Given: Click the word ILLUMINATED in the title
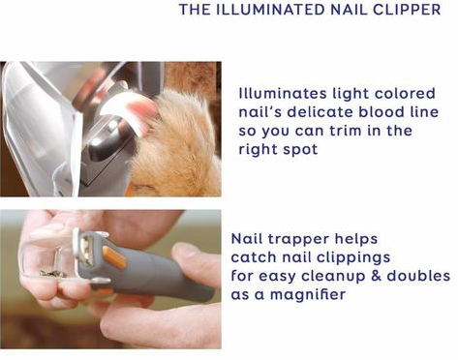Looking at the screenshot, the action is (270, 10).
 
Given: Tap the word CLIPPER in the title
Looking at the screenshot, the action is (407, 10).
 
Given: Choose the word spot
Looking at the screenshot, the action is (300, 150).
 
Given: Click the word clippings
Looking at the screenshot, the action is (353, 257).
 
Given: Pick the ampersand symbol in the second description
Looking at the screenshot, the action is (376, 276).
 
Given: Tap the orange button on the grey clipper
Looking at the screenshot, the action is (114, 257).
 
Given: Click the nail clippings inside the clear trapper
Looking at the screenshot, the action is (52, 274).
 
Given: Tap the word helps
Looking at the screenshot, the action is (356, 239).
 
